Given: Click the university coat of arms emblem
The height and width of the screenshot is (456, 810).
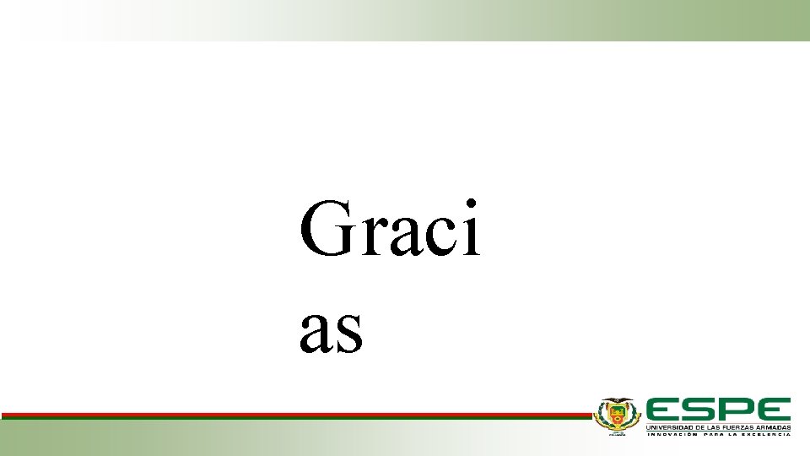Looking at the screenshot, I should [x=618, y=415].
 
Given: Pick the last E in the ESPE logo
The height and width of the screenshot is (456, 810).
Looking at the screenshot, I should [x=774, y=410].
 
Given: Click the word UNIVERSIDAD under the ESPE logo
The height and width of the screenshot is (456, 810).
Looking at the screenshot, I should [x=667, y=427].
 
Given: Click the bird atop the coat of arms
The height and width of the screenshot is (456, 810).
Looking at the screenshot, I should [x=618, y=400].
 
